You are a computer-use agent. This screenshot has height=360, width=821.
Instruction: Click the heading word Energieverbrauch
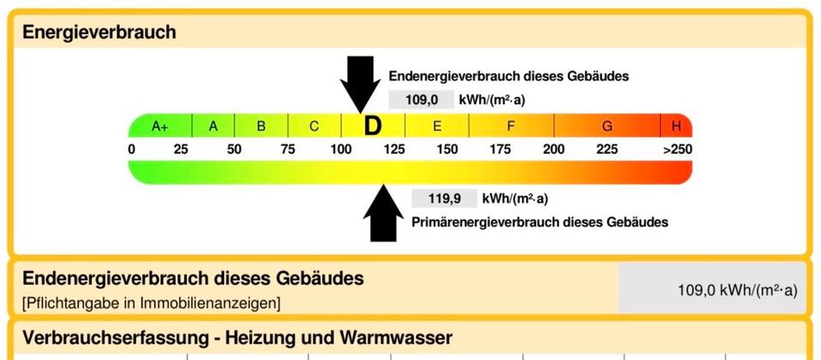pyautogui.click(x=99, y=32)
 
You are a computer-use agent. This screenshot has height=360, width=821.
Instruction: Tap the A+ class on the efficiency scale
pyautogui.click(x=160, y=126)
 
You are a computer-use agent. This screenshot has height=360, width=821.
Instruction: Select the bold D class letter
pyautogui.click(x=373, y=126)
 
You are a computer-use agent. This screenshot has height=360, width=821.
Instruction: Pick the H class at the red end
pyautogui.click(x=676, y=126)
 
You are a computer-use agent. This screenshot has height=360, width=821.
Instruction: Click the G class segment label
pyautogui.click(x=607, y=126)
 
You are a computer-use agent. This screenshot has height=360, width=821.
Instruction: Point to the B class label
pyautogui.click(x=261, y=126)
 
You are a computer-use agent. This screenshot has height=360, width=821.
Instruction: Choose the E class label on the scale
pyautogui.click(x=437, y=126)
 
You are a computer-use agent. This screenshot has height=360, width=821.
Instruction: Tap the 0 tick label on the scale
pyautogui.click(x=132, y=149)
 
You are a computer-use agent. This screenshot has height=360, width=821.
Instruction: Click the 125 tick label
pyautogui.click(x=394, y=149)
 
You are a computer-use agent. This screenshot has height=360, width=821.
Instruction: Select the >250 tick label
pyautogui.click(x=677, y=149)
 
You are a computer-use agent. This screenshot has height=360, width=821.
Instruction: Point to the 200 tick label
pyautogui.click(x=553, y=149)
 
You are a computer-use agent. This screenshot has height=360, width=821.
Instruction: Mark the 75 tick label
pyautogui.click(x=287, y=149)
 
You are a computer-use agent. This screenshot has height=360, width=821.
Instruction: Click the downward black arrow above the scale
pyautogui.click(x=360, y=85)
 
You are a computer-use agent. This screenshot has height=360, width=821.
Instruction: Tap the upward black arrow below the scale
pyautogui.click(x=383, y=213)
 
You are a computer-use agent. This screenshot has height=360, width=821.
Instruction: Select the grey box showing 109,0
pyautogui.click(x=422, y=99)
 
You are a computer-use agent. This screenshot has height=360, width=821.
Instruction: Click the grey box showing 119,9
pyautogui.click(x=445, y=199)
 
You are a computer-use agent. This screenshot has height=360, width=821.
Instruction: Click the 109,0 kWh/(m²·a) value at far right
pyautogui.click(x=738, y=291)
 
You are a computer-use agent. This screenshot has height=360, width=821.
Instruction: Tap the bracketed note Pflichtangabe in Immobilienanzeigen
pyautogui.click(x=151, y=304)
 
